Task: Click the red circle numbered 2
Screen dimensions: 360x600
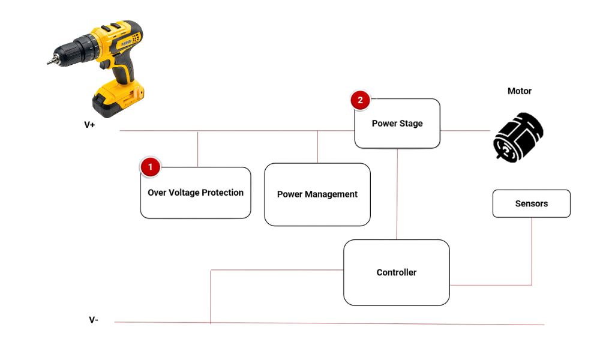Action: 360,100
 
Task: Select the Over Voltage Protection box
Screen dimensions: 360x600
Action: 196,193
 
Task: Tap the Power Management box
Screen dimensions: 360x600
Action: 317,194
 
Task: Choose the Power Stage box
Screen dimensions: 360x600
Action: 397,124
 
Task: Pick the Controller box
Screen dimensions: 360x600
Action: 396,272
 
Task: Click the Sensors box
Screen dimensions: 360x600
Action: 531,203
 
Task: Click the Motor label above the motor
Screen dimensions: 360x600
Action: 520,92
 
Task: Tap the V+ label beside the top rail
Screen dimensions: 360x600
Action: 91,126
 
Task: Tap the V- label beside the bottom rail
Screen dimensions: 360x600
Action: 92,319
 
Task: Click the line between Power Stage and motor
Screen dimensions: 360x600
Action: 466,130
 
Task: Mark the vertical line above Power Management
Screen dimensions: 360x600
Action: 317,146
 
